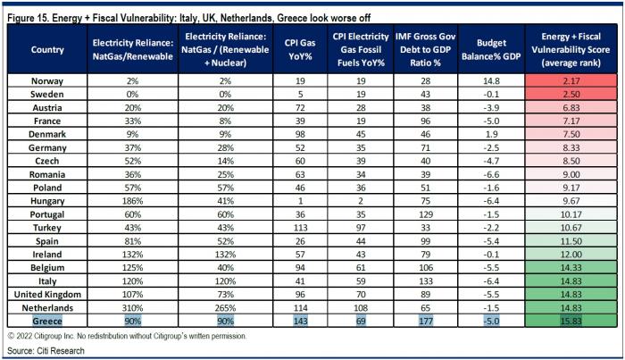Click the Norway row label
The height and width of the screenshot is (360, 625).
[x=47, y=81]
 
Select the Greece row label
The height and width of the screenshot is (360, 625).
[x=47, y=321]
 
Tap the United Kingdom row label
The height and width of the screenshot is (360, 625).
[x=47, y=294]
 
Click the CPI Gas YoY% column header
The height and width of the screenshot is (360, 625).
[x=300, y=49]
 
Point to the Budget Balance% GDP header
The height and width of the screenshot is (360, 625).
[x=491, y=49]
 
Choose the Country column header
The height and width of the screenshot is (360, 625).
[x=47, y=49]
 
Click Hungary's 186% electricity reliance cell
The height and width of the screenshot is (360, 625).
[x=132, y=201]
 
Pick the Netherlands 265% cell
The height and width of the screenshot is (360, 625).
[x=225, y=308]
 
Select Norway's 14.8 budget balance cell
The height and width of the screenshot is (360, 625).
[x=491, y=81]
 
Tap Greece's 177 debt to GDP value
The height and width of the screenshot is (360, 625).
[x=425, y=321]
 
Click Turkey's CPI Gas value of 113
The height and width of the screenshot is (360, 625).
[x=300, y=228]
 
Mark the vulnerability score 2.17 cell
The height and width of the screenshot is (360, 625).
[x=571, y=81]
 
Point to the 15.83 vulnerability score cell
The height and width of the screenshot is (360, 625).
[x=571, y=321]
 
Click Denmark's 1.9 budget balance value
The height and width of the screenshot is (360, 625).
[x=491, y=134]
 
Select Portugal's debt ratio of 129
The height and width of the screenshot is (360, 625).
[x=425, y=214]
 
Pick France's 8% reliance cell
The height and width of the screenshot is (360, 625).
[x=225, y=121]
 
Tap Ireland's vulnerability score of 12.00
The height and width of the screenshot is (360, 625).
[x=571, y=255]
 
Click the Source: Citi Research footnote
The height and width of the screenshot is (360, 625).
[x=46, y=351]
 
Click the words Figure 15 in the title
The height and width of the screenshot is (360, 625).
[x=28, y=18]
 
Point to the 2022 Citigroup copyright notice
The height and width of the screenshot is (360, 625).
[x=127, y=336]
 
